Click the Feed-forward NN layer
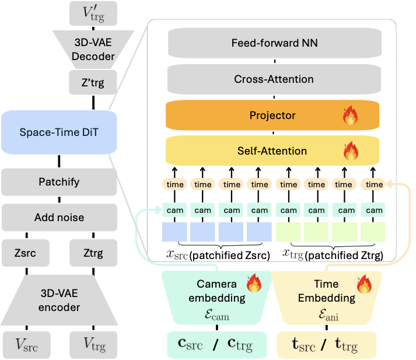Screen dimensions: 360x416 click(274, 43)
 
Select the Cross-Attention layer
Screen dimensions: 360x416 click(274, 79)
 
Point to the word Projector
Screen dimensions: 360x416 click(272, 116)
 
